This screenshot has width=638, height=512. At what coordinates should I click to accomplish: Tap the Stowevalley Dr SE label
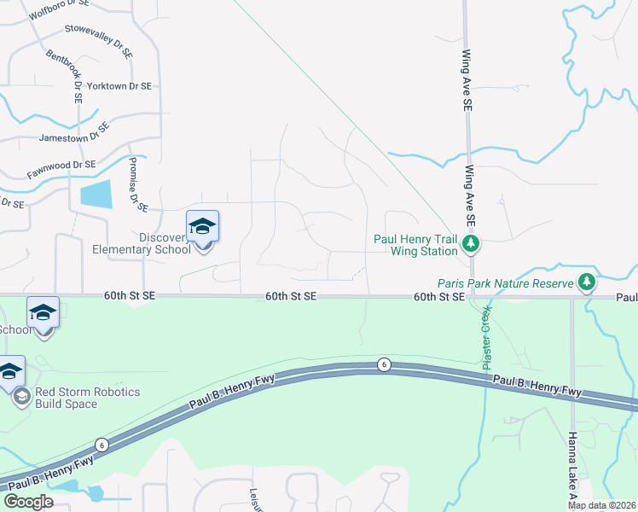(x=98, y=41)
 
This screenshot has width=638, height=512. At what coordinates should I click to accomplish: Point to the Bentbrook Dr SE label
(x=65, y=75)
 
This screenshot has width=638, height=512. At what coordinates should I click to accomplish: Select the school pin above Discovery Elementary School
(x=202, y=227)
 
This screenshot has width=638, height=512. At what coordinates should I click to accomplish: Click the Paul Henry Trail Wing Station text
(x=416, y=246)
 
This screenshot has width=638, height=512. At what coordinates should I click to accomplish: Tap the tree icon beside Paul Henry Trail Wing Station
(x=470, y=245)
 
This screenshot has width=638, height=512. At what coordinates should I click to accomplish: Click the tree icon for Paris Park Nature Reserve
(x=586, y=281)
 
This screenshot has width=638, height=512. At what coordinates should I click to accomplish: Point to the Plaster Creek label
(x=486, y=336)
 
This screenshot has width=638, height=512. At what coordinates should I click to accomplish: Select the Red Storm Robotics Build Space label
(x=87, y=398)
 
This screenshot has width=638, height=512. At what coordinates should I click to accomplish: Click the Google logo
(x=28, y=502)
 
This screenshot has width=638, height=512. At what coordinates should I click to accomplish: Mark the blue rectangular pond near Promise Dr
(x=96, y=195)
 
